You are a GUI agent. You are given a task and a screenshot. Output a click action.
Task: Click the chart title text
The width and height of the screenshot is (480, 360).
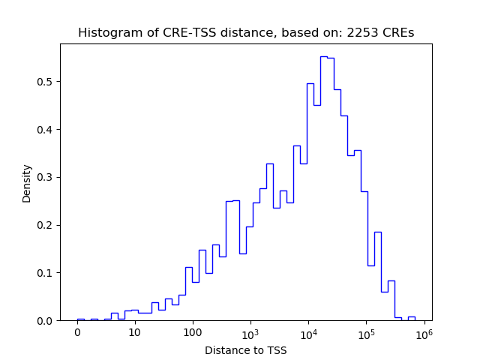[x=246, y=32]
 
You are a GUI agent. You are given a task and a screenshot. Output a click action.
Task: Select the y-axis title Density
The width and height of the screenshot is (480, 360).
[x=27, y=183]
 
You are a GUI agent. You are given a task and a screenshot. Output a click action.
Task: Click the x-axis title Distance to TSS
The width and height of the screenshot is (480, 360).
[x=246, y=350]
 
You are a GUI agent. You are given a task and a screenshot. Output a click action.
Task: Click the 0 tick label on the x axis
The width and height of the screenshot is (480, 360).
[x=77, y=332]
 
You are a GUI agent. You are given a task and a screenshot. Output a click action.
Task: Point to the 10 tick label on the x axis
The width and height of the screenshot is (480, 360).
[x=135, y=332]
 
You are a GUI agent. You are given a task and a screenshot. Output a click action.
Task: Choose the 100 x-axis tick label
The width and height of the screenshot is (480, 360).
[x=193, y=332]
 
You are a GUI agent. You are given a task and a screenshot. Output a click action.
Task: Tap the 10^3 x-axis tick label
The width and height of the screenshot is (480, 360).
[x=250, y=331]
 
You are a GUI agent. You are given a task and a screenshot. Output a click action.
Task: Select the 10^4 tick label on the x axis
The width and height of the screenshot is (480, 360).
[x=308, y=331]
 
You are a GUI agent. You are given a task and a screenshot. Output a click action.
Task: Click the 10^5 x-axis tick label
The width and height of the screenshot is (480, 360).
[x=366, y=331]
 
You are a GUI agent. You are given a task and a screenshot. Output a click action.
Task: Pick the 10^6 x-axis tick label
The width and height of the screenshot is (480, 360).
[x=424, y=331]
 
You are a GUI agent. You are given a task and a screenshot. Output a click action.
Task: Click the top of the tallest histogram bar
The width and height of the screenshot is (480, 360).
[x=323, y=56]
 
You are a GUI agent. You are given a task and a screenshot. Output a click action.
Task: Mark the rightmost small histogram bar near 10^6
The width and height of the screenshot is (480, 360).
[x=412, y=317]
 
